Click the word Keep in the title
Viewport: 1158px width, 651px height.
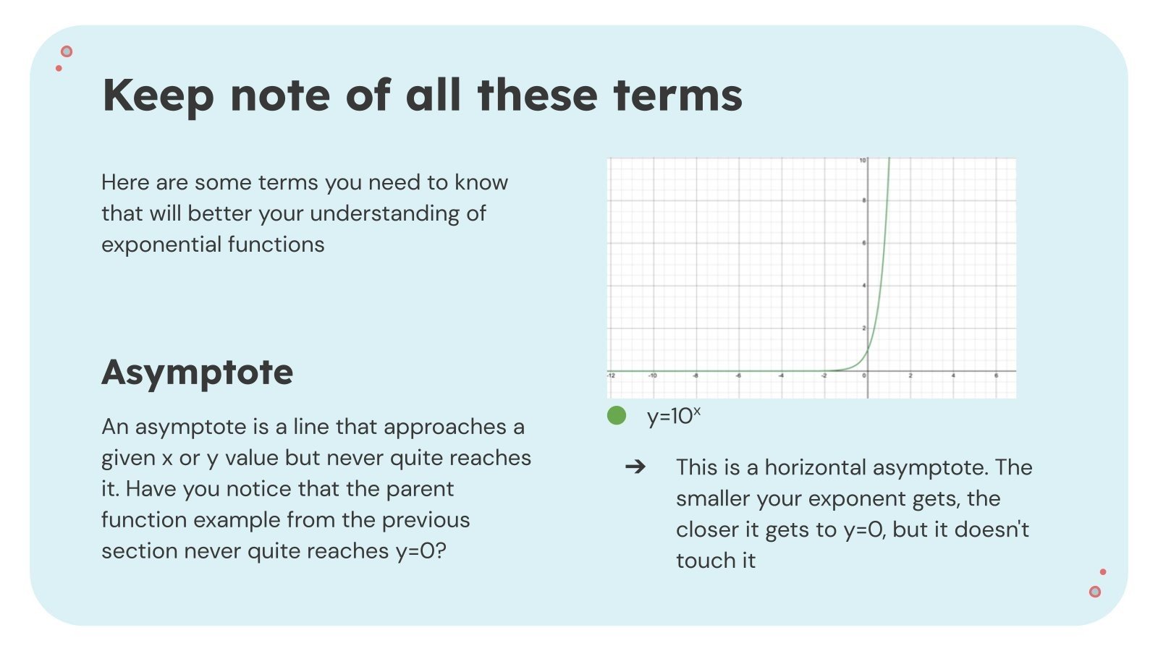(159, 95)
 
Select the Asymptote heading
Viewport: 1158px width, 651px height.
(197, 372)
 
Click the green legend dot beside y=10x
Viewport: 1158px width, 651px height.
(617, 415)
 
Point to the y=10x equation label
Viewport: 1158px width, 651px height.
(673, 416)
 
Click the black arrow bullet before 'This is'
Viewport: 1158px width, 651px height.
(635, 467)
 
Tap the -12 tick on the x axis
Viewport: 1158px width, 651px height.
(611, 375)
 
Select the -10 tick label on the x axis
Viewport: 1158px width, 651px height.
(652, 375)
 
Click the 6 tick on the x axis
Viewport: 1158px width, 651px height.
(996, 375)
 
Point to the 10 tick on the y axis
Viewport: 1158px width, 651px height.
(863, 160)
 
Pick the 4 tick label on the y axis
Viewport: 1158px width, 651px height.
(864, 286)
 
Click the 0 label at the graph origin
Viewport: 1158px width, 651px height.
(864, 375)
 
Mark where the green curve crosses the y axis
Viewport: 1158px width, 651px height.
(868, 351)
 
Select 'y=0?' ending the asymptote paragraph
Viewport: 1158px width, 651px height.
(420, 551)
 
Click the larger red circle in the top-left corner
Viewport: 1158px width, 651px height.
(67, 51)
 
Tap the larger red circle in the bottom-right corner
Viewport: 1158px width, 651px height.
(1095, 592)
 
